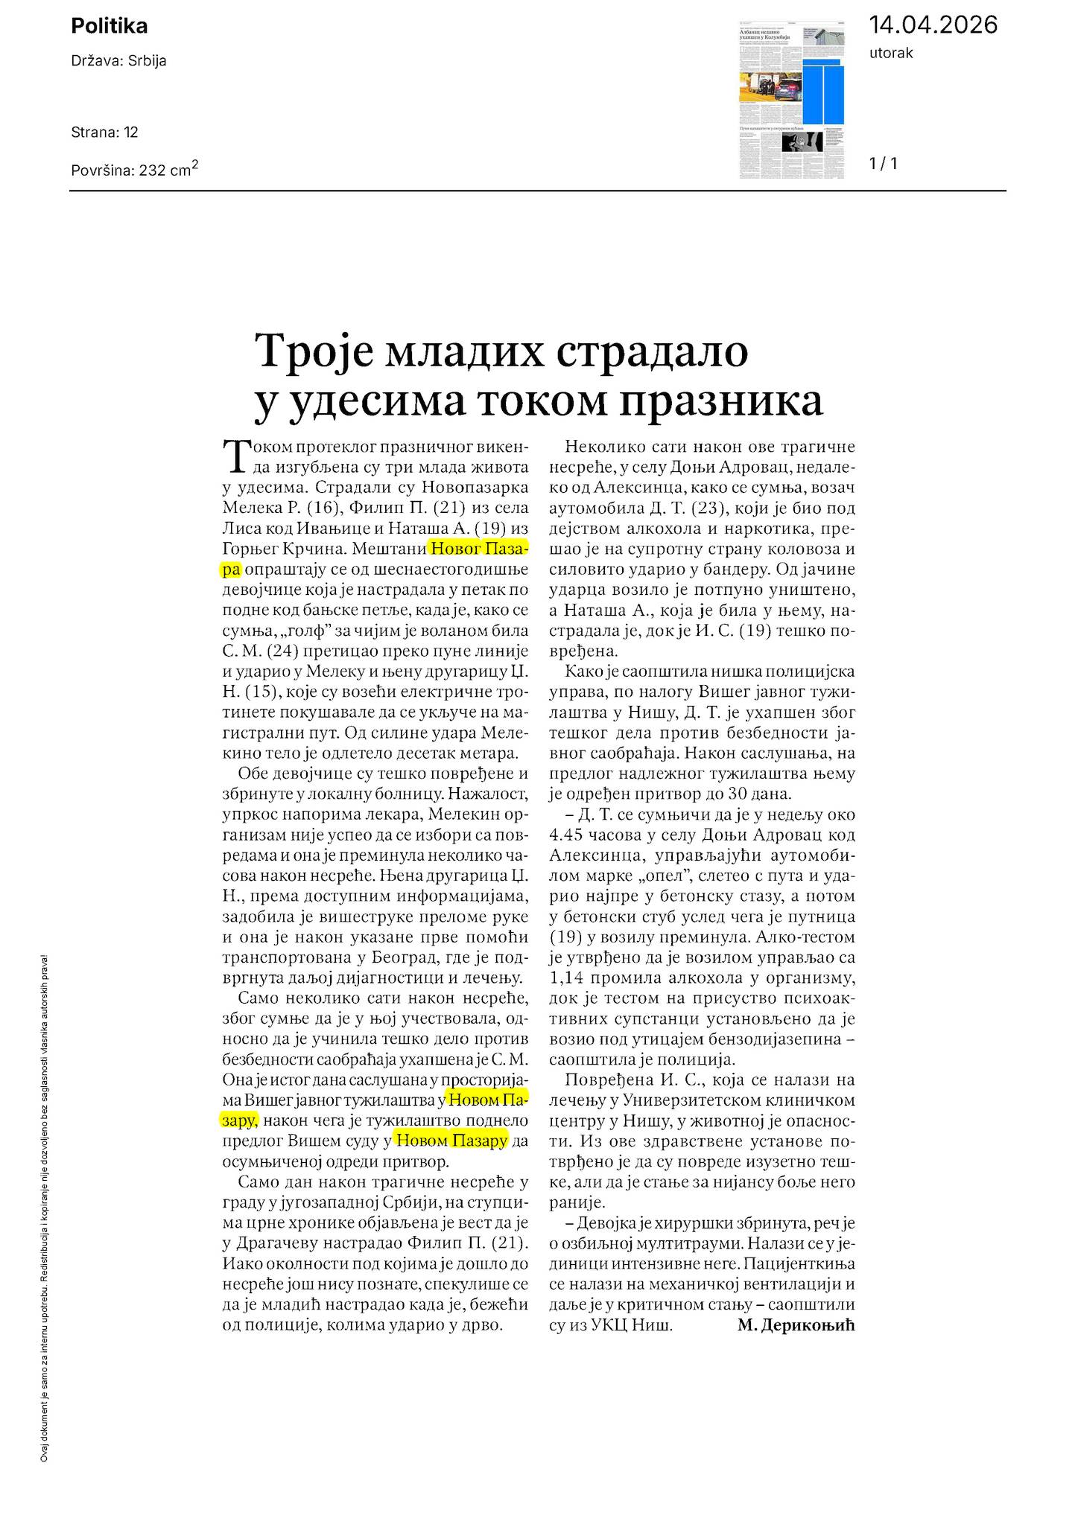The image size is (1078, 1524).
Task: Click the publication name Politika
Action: coord(109,26)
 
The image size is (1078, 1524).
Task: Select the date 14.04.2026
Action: coord(933,25)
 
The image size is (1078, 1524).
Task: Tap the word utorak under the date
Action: coord(890,53)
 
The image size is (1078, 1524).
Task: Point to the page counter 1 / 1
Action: coord(883,164)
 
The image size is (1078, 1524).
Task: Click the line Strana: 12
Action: coord(104,133)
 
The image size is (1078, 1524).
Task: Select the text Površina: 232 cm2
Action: coord(134,169)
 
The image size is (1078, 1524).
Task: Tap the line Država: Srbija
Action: coord(118,61)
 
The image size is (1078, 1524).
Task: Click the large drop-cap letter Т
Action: coord(234,456)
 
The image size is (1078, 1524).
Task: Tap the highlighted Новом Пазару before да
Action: coord(451,1140)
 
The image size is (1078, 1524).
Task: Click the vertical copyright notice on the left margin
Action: coord(44,1206)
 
